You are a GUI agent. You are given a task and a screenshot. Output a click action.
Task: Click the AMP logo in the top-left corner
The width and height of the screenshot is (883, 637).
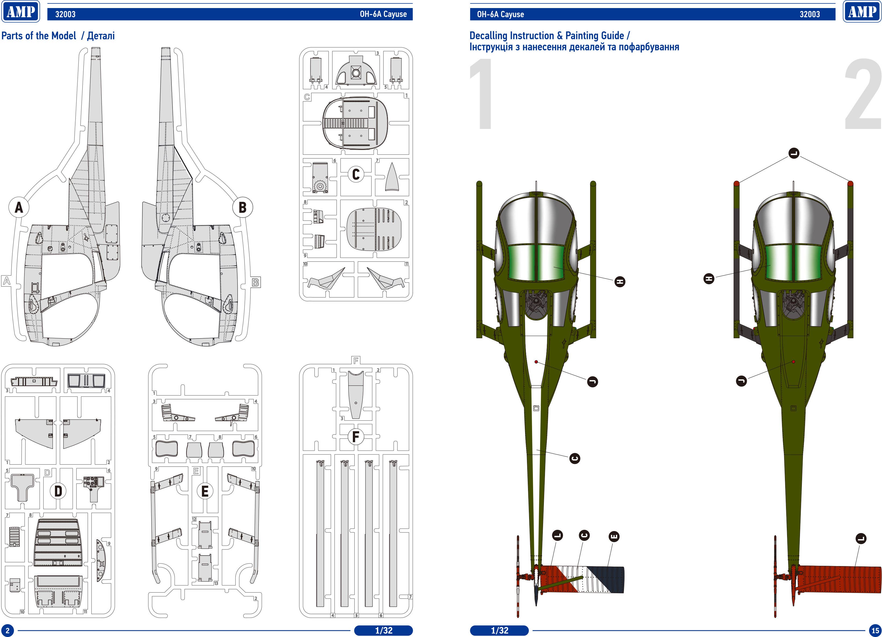pos(21,12)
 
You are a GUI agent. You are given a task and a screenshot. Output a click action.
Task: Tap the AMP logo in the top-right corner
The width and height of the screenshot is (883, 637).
pos(862,12)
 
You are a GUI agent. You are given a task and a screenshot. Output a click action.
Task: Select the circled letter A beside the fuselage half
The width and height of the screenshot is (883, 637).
pos(19,207)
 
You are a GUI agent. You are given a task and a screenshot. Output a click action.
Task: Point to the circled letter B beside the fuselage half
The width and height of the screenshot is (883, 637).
pos(242,207)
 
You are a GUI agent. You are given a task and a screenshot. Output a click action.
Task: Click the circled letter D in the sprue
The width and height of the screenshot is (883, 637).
pos(58,491)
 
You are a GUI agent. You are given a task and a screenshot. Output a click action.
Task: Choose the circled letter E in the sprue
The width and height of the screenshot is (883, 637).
pos(205,491)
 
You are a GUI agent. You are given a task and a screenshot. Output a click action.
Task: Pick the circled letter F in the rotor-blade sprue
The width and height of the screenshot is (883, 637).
pos(356,437)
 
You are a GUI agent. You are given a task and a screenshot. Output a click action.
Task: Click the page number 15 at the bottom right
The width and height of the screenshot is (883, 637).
pos(875,630)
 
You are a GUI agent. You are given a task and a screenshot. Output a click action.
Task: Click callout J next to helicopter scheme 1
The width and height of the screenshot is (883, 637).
pos(592,382)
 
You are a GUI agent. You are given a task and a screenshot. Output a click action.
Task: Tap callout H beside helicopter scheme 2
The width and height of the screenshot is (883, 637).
pos(709,278)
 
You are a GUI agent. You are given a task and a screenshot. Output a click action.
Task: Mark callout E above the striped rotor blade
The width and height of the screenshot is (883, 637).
pos(613,537)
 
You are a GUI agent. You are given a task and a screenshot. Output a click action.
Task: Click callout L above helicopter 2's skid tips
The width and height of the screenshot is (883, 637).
pos(794,153)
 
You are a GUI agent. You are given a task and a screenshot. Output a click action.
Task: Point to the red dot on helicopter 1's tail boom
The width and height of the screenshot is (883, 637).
pos(536,362)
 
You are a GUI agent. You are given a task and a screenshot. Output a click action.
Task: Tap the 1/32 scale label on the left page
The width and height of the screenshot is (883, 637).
pos(383,630)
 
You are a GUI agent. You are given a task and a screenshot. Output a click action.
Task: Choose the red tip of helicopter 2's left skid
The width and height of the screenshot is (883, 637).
pos(736,183)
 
